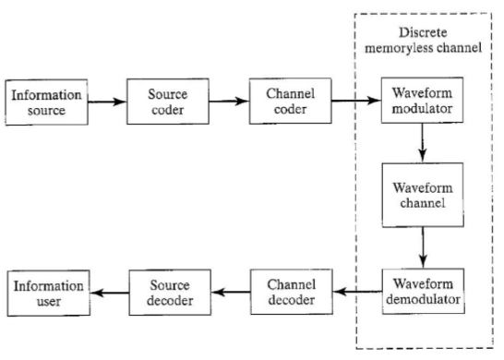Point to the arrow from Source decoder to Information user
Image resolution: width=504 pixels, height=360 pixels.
(x=105, y=292)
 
